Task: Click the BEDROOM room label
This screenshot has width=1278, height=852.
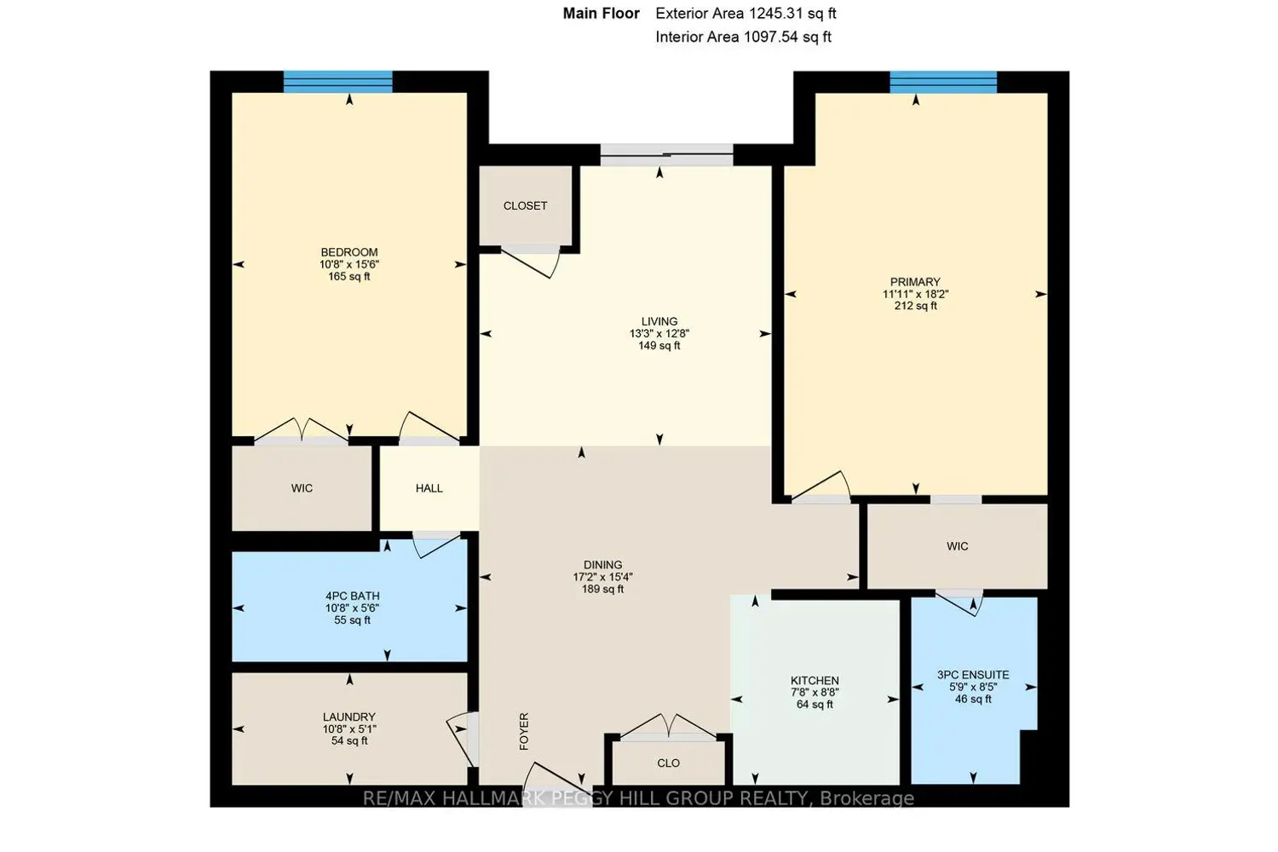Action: (349, 252)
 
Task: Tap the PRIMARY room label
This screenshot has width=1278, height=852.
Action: (915, 282)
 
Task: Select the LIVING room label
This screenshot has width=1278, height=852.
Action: (659, 322)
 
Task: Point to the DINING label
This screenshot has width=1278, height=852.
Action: (602, 565)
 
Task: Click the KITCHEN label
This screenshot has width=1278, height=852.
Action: (815, 681)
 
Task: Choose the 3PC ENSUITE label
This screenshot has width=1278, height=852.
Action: (973, 675)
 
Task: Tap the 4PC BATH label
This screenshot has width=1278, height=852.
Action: (352, 596)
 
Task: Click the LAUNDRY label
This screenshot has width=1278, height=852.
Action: (349, 717)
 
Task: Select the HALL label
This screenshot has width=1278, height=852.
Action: (429, 488)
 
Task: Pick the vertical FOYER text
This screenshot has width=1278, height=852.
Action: (524, 731)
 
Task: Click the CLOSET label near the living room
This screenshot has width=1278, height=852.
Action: (525, 206)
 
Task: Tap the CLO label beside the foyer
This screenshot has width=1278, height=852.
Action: (669, 763)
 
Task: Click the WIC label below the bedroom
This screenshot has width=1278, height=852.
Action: (302, 488)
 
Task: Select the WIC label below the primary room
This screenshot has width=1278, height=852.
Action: (957, 546)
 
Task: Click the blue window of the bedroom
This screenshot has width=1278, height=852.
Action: (338, 82)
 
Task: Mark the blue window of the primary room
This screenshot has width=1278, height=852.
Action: (943, 82)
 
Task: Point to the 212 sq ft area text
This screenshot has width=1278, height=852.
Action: (915, 306)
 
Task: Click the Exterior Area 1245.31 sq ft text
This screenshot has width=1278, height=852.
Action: (745, 14)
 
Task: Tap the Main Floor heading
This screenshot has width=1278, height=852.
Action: (601, 14)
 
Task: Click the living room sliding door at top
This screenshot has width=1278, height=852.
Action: (666, 156)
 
